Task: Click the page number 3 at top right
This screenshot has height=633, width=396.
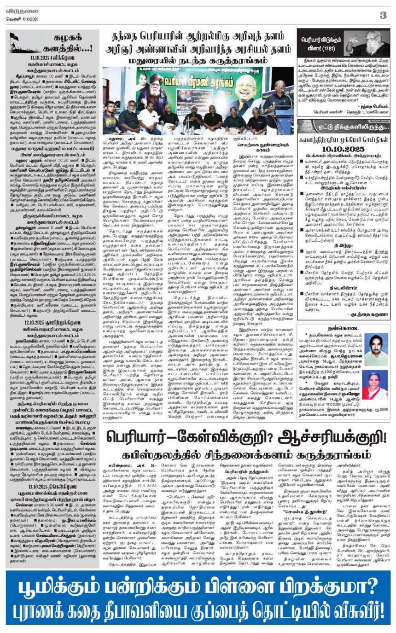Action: pos(383,15)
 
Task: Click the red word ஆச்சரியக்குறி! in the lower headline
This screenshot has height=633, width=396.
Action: pos(322,437)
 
